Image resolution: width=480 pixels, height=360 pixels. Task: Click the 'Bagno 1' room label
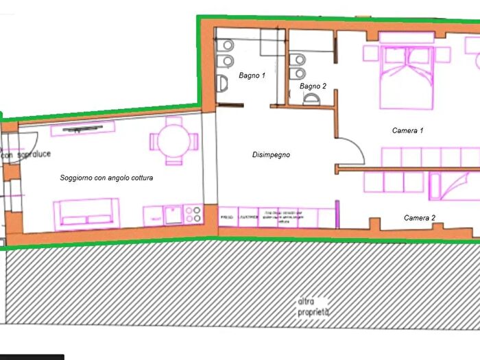tap(252, 75)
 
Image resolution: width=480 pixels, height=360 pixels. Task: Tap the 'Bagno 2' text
tap(313, 86)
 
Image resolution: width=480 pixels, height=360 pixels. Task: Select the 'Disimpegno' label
tap(271, 155)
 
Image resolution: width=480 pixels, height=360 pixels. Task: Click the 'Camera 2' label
tap(419, 218)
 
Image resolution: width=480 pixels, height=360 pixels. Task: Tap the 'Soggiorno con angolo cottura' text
tap(106, 178)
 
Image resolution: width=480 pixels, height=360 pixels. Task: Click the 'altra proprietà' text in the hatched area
tap(313, 307)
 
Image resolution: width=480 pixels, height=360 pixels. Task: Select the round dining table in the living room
tap(174, 141)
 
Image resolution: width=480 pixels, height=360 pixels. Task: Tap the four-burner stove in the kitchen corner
tap(193, 215)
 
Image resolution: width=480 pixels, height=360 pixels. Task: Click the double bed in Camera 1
tap(407, 77)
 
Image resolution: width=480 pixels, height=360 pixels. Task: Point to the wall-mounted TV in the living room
tap(82, 128)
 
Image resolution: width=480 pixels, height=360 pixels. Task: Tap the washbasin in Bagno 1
tap(223, 84)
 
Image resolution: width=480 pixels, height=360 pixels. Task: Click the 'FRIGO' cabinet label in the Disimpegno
tap(227, 217)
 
